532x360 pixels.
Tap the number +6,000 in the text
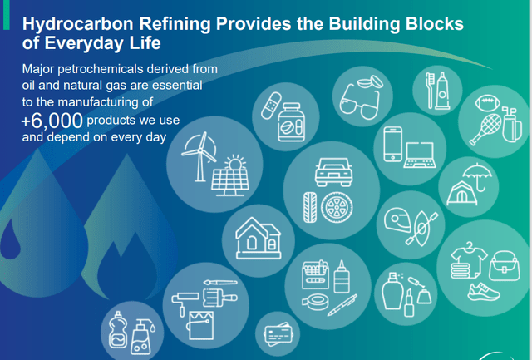[53, 121]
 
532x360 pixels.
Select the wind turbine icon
[200, 157]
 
